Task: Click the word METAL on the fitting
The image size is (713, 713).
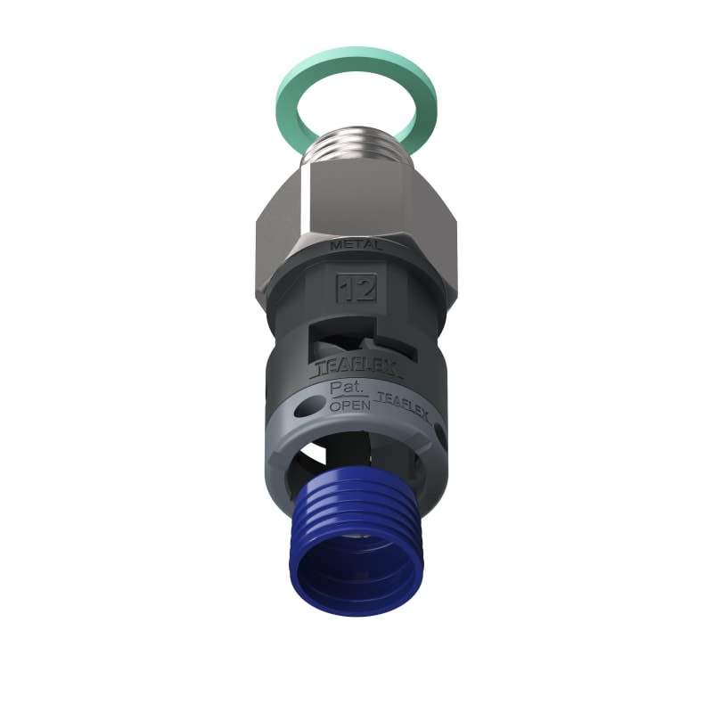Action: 356,244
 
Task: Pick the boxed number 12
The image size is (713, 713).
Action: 356,288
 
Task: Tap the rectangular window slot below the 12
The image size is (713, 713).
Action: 356,339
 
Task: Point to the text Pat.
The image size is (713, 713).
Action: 344,389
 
